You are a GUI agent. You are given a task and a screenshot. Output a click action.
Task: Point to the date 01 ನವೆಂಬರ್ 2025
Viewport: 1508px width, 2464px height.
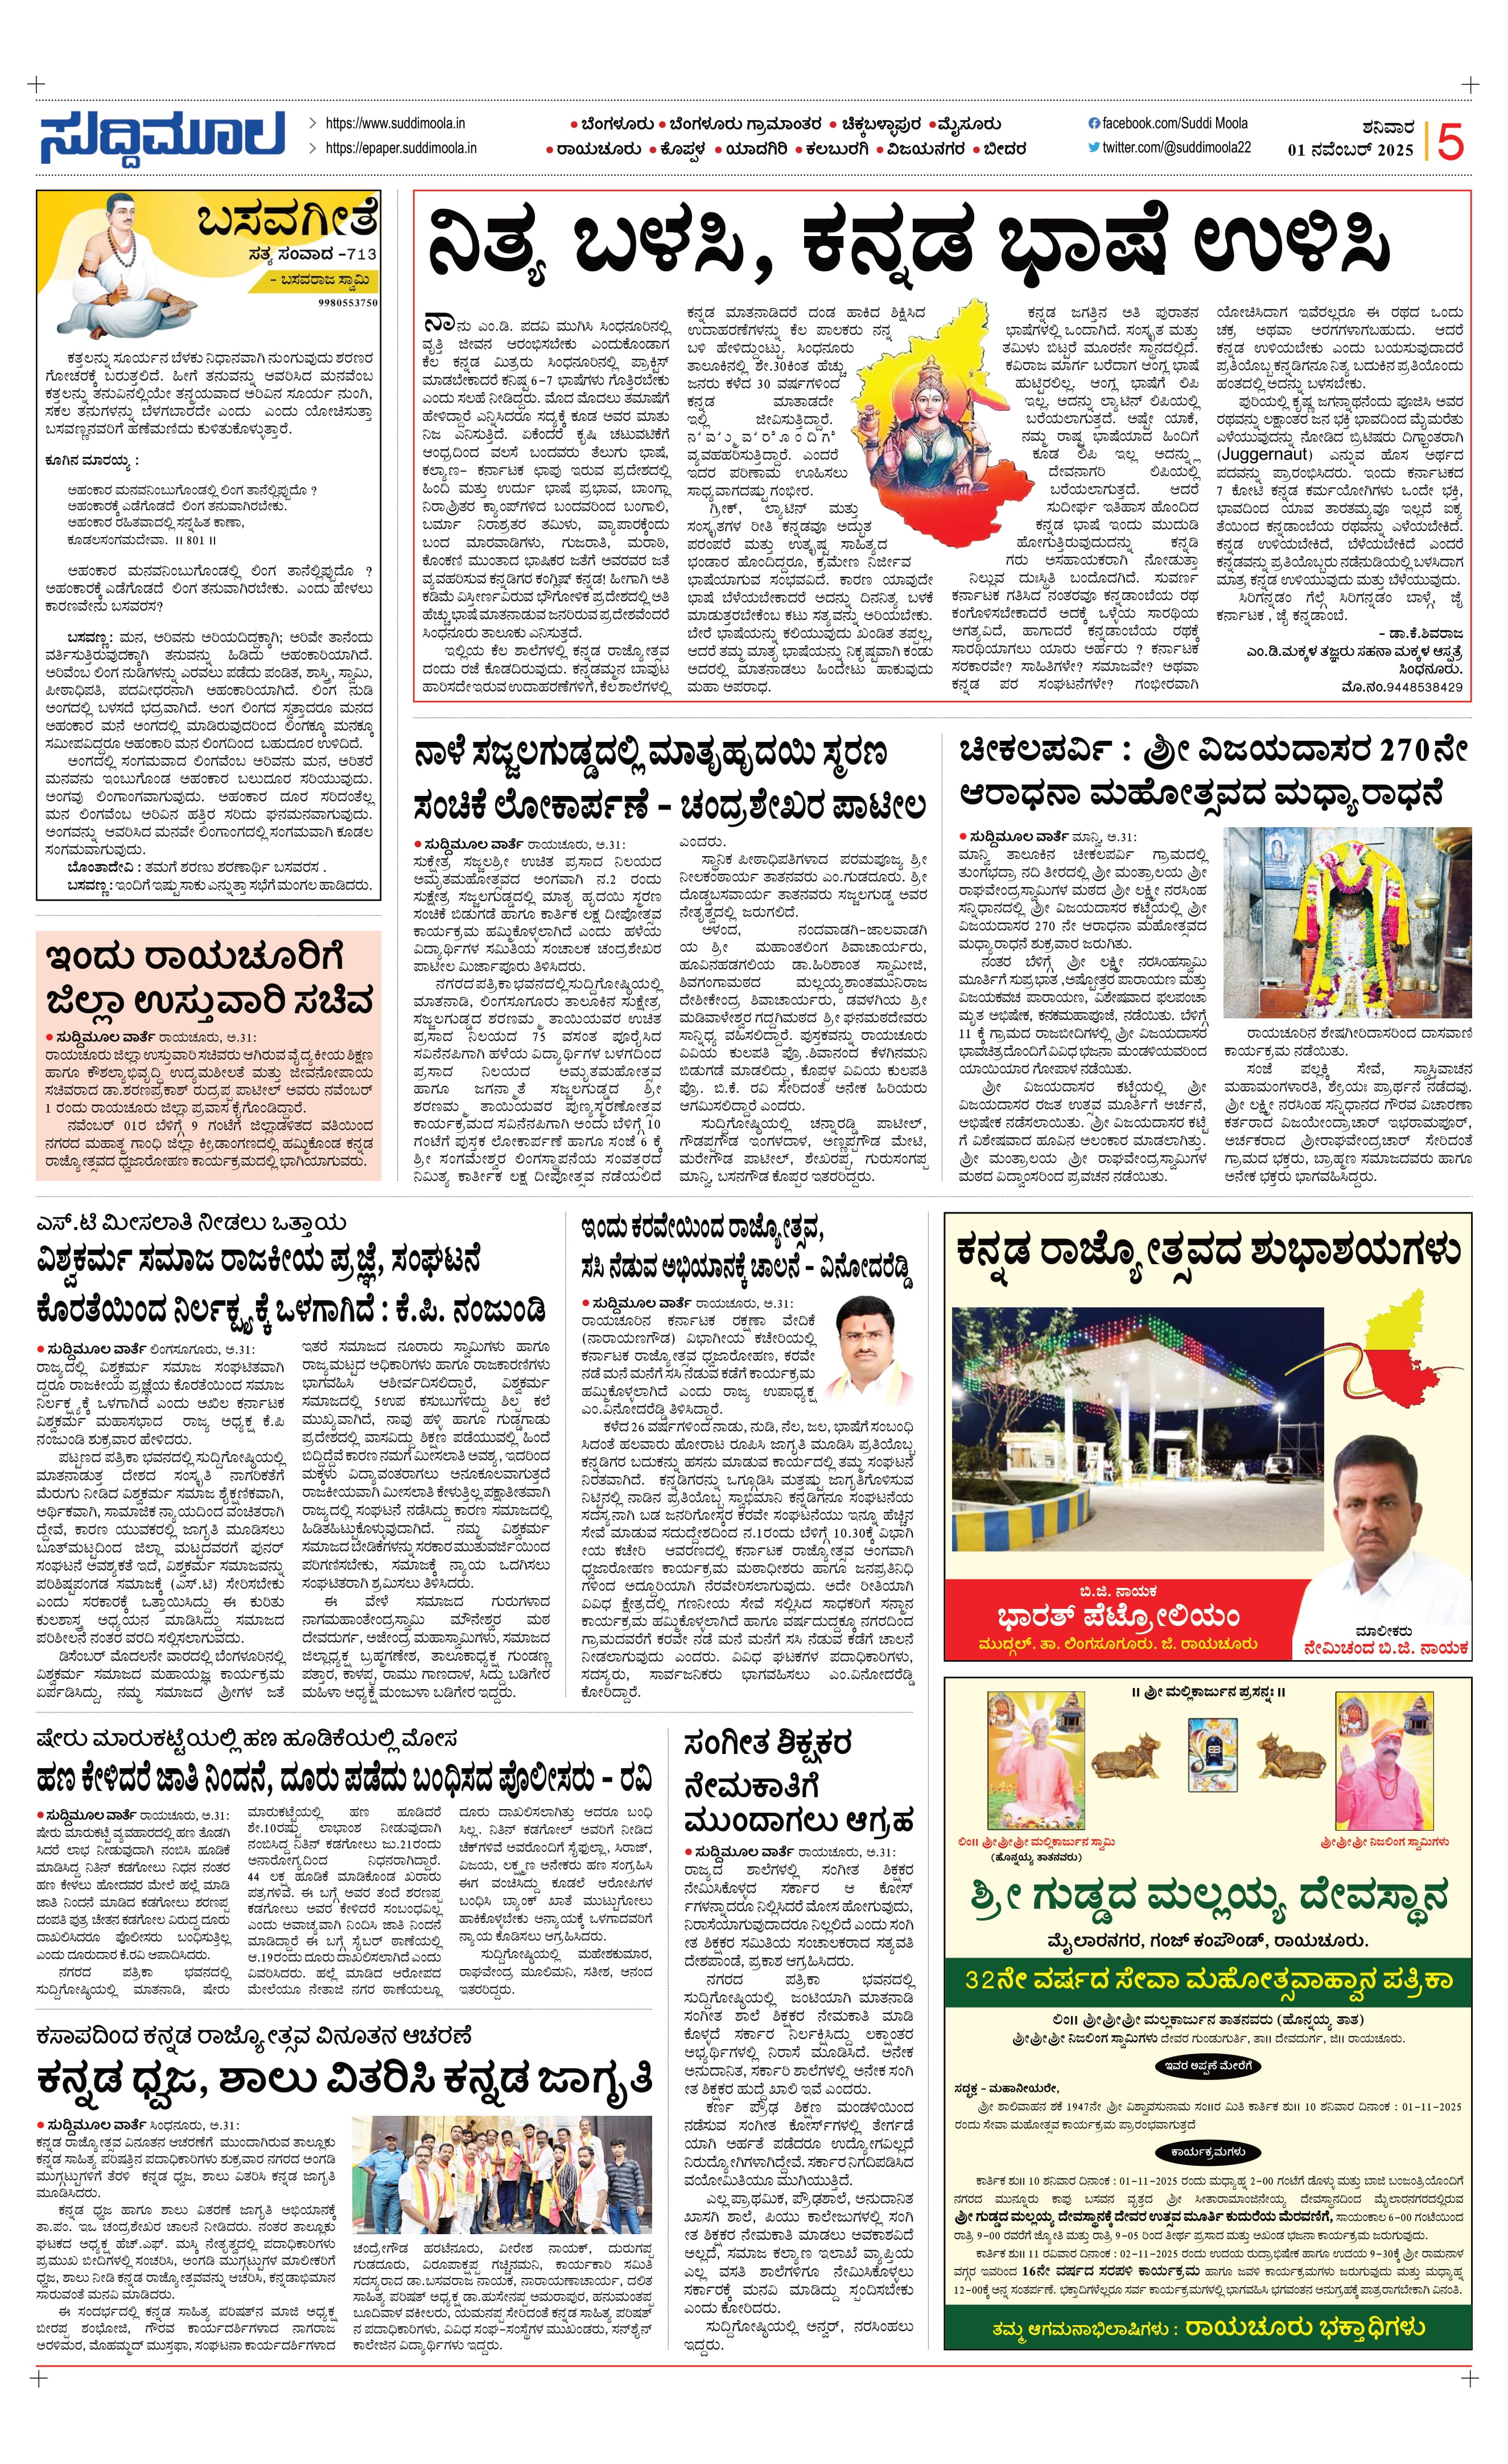(x=1350, y=150)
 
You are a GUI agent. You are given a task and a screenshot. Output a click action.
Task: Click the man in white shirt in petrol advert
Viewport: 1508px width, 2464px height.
(x=1384, y=1520)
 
